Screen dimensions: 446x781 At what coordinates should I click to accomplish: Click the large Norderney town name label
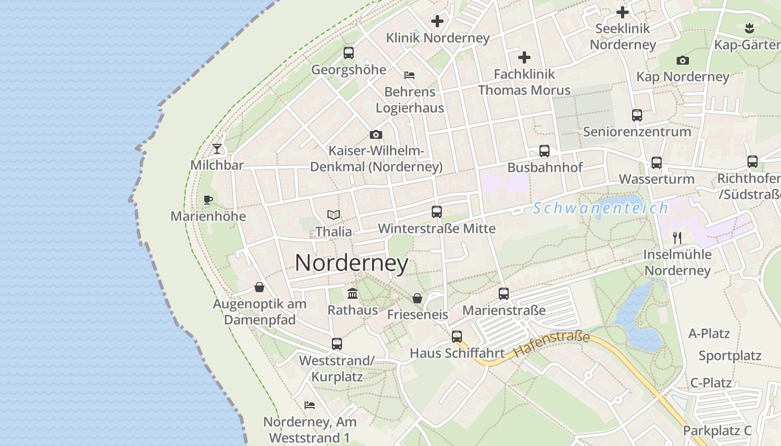point(351,263)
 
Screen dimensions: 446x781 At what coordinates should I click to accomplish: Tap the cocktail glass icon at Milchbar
point(217,149)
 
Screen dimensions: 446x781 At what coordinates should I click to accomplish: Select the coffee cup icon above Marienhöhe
point(208,200)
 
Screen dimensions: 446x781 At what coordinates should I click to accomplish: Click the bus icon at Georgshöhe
point(349,53)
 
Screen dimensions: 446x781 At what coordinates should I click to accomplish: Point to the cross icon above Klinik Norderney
point(437,21)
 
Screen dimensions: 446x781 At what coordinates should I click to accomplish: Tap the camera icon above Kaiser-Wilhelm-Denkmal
point(376,134)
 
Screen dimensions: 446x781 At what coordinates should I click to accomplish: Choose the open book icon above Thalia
point(334,215)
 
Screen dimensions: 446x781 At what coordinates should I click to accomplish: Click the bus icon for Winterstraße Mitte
point(437,212)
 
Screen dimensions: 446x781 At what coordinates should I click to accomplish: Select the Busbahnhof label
point(544,167)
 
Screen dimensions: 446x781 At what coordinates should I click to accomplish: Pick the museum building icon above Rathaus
point(353,293)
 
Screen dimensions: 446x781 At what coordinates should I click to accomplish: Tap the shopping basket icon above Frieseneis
point(417,298)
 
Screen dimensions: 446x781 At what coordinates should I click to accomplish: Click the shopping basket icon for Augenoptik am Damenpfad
point(259,287)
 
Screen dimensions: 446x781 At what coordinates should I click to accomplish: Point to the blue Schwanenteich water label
point(600,209)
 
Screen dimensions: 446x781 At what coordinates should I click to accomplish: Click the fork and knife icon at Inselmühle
point(677,238)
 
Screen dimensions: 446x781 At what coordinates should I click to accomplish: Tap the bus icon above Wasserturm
point(657,163)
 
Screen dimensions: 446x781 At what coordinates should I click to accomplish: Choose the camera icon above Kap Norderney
point(682,60)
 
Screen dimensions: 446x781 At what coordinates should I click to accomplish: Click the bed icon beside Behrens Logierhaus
point(409,75)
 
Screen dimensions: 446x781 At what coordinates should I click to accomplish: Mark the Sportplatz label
point(730,356)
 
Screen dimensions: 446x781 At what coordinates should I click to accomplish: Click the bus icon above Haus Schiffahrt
point(457,337)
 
